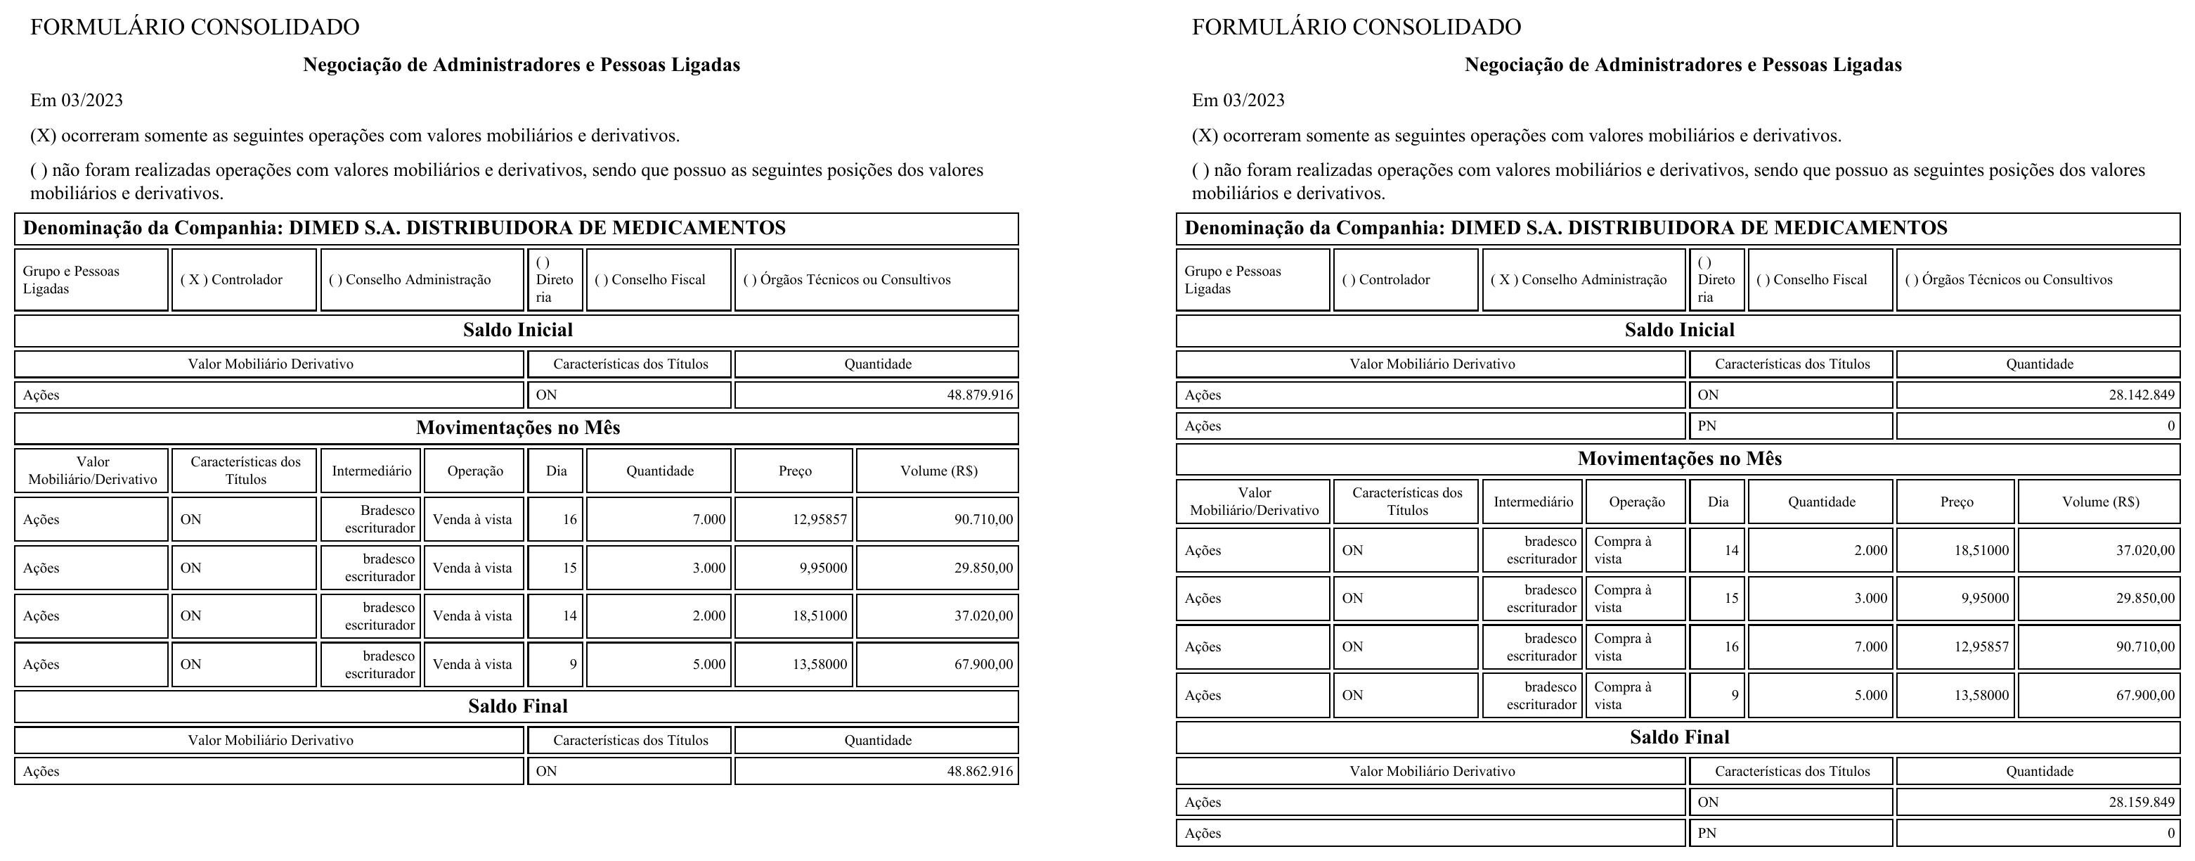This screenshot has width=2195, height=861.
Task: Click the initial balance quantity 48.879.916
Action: [980, 395]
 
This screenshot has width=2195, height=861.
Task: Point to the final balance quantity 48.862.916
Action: [980, 772]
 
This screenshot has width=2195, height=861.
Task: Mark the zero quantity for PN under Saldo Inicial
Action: [2170, 426]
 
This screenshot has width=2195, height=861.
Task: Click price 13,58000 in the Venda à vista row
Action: [820, 664]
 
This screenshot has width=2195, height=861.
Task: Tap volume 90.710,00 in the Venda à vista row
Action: [983, 519]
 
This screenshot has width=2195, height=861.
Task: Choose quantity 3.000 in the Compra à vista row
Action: [1870, 599]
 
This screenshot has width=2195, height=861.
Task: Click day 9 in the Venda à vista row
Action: [573, 664]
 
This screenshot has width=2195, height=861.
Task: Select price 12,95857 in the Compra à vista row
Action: [1981, 646]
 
